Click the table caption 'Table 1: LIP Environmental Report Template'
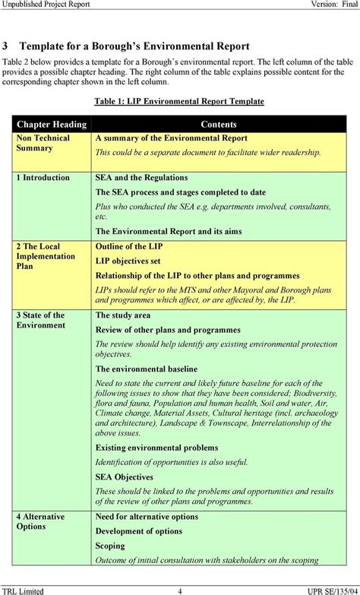tap(179, 101)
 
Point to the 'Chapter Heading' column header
tap(52, 124)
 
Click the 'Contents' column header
tap(219, 124)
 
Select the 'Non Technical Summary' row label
tap(43, 143)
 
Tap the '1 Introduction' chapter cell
tap(43, 178)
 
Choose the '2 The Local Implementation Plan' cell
tap(46, 256)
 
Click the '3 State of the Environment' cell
tap(41, 320)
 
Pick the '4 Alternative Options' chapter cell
tap(41, 521)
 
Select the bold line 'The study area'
tap(123, 315)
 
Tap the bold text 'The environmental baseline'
tap(147, 369)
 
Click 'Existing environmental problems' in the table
tap(156, 448)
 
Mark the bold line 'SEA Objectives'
tap(125, 477)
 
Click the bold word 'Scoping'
tap(110, 546)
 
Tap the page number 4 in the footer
tap(180, 590)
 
